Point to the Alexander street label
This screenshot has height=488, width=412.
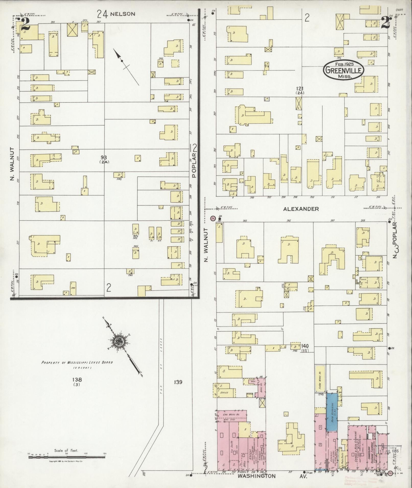point(301,209)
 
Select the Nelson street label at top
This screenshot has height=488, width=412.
point(122,14)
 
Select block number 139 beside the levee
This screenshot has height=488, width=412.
point(178,382)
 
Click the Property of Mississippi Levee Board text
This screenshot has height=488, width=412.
point(77,362)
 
